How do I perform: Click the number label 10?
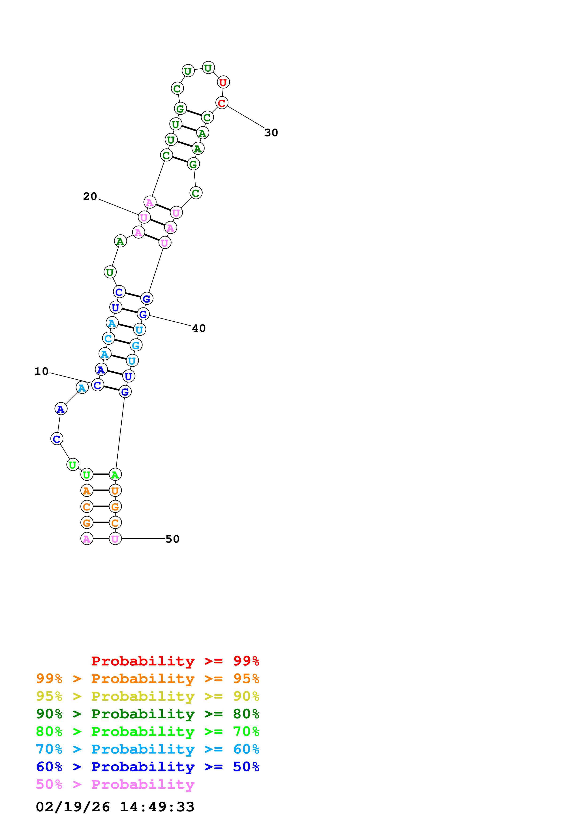click(x=41, y=371)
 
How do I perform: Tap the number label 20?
click(x=90, y=196)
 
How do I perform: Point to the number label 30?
click(x=271, y=133)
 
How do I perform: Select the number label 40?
click(x=199, y=328)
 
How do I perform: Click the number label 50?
click(x=172, y=539)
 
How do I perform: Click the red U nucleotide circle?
click(x=223, y=82)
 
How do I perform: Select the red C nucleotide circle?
click(x=222, y=103)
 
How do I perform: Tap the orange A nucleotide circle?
click(x=86, y=491)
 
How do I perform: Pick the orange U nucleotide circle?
click(x=115, y=491)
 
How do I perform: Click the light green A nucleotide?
click(x=115, y=474)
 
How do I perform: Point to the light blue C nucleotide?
click(x=108, y=338)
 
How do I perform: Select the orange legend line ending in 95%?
click(x=147, y=679)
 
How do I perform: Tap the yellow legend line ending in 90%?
click(x=147, y=696)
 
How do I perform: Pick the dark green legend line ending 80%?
click(x=147, y=714)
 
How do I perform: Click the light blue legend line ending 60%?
click(x=147, y=749)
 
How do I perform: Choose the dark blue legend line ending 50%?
click(x=147, y=767)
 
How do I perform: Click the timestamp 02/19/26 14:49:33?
click(x=115, y=807)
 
